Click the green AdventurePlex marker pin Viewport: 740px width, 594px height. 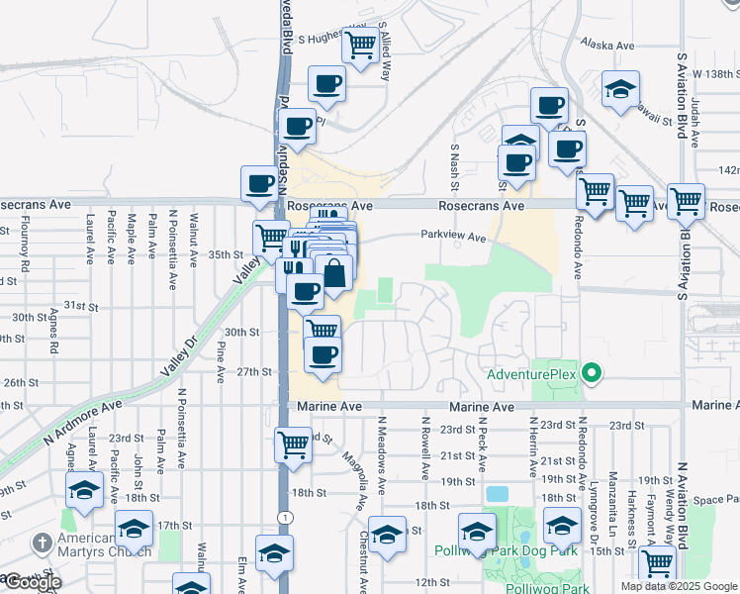pyautogui.click(x=592, y=374)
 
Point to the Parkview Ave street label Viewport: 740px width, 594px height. pyautogui.click(x=453, y=238)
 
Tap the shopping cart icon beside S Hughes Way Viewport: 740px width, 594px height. pyautogui.click(x=359, y=45)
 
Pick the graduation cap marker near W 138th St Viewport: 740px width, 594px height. pyautogui.click(x=620, y=90)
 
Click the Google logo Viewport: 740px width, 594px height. pyautogui.click(x=32, y=582)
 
